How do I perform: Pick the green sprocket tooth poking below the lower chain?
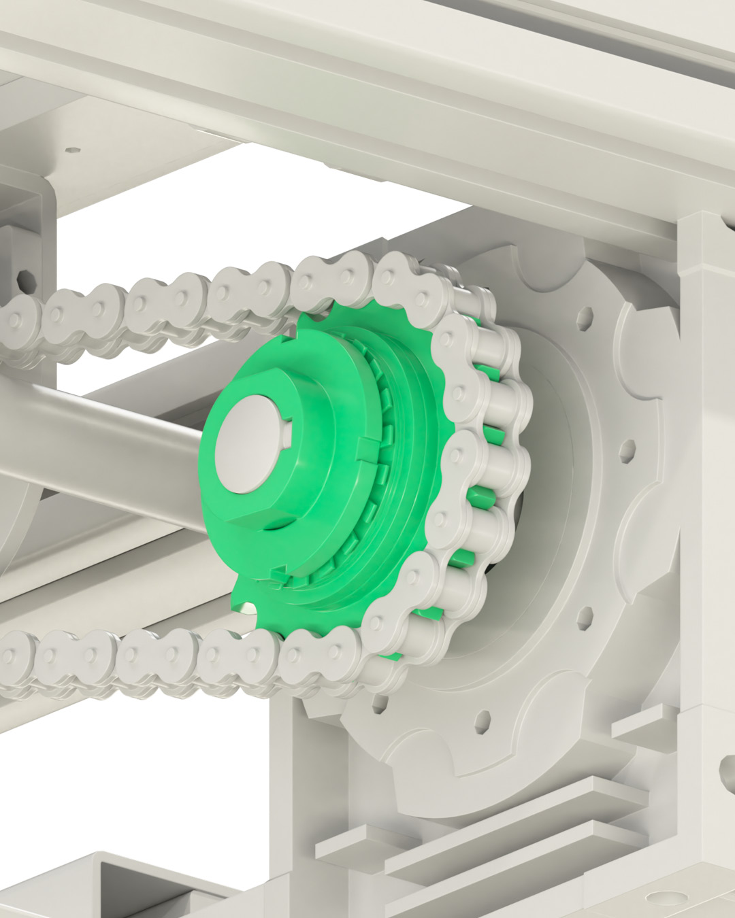pyautogui.click(x=245, y=598)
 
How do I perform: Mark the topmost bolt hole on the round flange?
pyautogui.click(x=584, y=317)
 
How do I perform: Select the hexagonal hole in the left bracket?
pyautogui.click(x=26, y=279)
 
